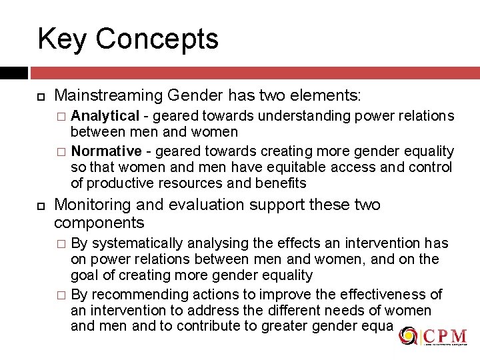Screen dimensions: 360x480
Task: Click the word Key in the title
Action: (x=62, y=39)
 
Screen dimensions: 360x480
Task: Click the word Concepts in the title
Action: (x=157, y=39)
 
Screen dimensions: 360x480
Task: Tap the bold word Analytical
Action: (x=105, y=116)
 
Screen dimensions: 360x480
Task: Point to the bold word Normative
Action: (x=106, y=151)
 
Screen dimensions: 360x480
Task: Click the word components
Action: (x=99, y=223)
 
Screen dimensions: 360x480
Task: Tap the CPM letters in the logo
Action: (x=444, y=335)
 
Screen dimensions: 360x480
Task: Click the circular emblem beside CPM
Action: (x=407, y=336)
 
